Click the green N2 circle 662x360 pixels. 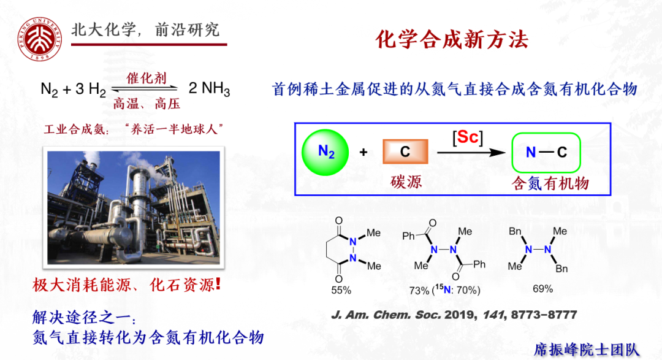pos(325,151)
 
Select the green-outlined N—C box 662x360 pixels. pos(546,152)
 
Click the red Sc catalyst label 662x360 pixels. pos(468,137)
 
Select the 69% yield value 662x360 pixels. pos(542,289)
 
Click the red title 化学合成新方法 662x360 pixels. pos(452,40)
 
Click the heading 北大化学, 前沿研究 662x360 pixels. pos(145,29)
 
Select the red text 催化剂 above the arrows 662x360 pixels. pos(146,79)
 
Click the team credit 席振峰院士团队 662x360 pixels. pos(587,349)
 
